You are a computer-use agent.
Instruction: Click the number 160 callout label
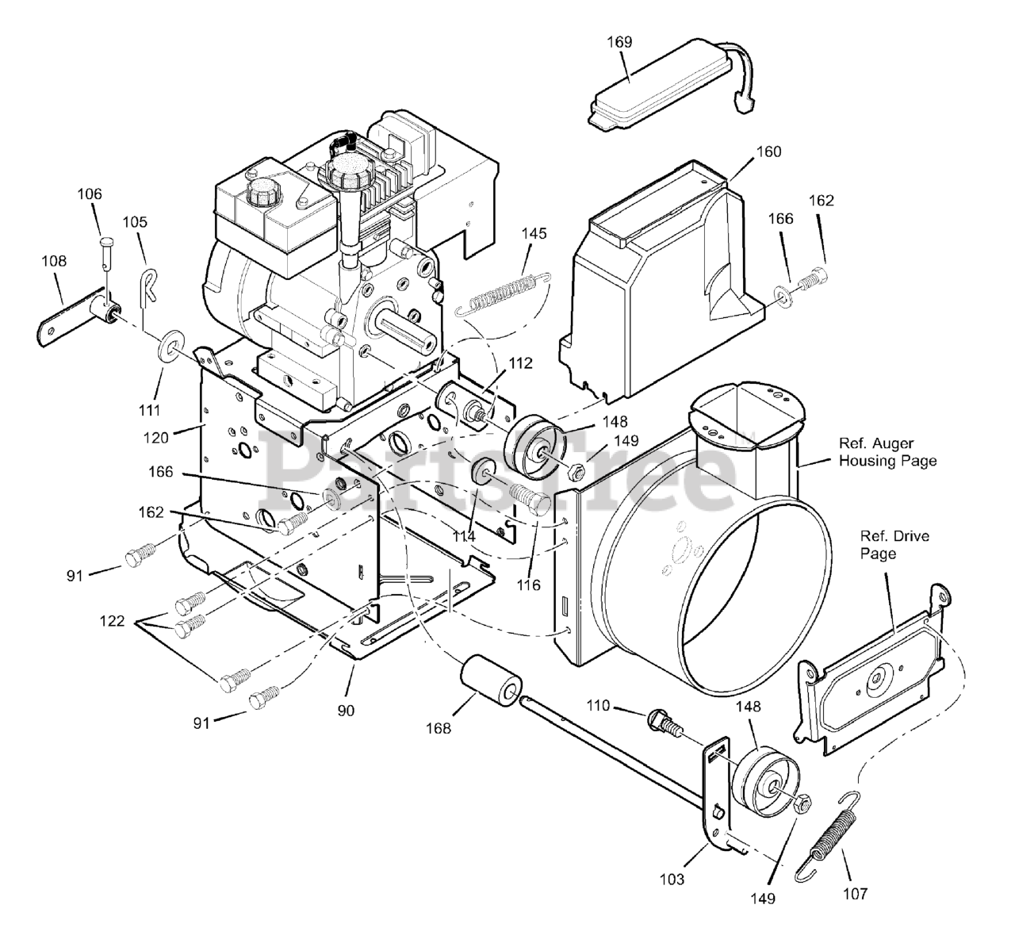746,151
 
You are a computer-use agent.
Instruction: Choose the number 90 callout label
346,711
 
